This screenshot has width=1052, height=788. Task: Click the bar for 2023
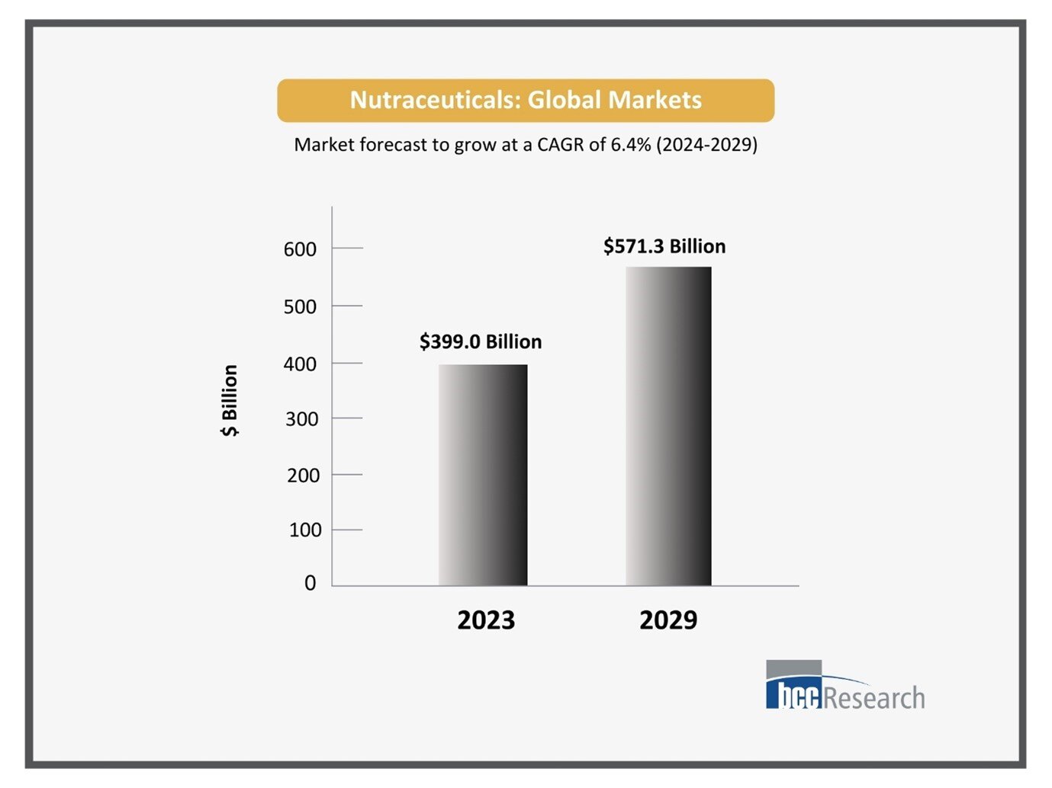[x=483, y=475]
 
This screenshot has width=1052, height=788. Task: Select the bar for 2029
[x=668, y=426]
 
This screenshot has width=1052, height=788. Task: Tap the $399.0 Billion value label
[x=481, y=341]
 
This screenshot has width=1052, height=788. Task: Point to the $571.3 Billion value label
[x=664, y=246]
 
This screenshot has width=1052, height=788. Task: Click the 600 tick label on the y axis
[x=300, y=249]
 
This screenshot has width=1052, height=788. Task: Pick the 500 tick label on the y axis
[x=300, y=306]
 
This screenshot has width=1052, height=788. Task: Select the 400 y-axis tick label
[x=300, y=364]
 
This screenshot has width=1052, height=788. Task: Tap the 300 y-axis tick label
[x=301, y=419]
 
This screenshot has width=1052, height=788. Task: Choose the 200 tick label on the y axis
[x=303, y=476]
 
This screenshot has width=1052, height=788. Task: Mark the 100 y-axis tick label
[x=305, y=530]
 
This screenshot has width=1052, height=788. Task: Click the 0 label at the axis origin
[x=310, y=583]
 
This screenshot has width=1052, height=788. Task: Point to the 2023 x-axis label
[x=486, y=620]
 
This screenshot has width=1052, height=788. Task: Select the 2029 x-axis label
[x=668, y=620]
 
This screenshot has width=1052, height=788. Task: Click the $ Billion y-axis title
[x=230, y=400]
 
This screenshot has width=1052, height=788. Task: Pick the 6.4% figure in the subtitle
[x=631, y=145]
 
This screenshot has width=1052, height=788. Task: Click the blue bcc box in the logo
[x=794, y=695]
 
